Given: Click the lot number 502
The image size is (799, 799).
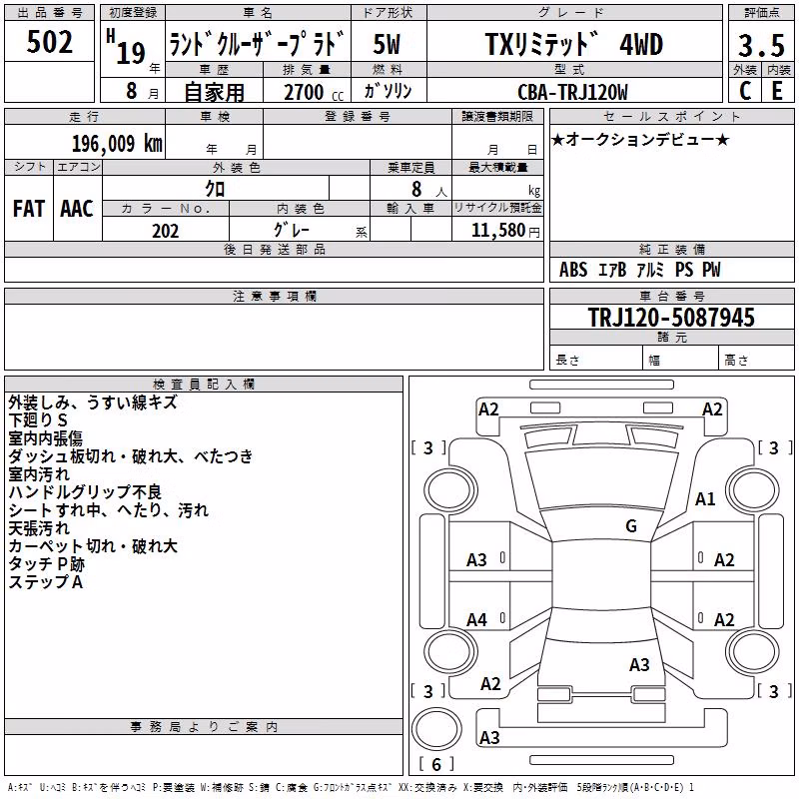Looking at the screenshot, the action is [x=49, y=42].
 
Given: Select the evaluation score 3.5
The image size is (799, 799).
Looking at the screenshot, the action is [x=761, y=45].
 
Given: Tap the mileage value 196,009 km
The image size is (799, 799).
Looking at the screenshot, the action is [x=117, y=144].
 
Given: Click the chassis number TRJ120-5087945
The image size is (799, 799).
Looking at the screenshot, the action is [x=671, y=317].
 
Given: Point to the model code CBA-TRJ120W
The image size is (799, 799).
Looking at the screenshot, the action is [x=572, y=92].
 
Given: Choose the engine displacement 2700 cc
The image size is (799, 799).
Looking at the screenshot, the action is [x=314, y=92].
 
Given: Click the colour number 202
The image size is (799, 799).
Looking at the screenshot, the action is [x=165, y=231].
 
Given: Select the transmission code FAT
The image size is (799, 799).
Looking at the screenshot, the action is [x=29, y=209].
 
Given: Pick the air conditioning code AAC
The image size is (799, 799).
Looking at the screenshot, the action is [x=77, y=209].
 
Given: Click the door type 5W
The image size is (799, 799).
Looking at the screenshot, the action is [x=387, y=44].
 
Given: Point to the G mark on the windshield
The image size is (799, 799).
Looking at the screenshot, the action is [x=631, y=526].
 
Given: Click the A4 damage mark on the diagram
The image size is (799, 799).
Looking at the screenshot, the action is [x=476, y=620].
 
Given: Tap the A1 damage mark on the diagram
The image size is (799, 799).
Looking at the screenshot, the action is [x=705, y=499].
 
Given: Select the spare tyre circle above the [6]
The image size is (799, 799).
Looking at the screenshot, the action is [x=436, y=730].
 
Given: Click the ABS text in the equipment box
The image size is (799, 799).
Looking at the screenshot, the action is [x=573, y=270].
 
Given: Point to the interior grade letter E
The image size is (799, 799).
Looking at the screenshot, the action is [x=777, y=91].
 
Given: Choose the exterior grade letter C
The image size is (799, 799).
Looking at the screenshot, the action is [x=745, y=91].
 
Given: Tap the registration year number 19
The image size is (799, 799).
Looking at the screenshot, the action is [x=131, y=53].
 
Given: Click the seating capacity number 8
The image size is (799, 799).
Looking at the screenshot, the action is [x=416, y=189].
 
